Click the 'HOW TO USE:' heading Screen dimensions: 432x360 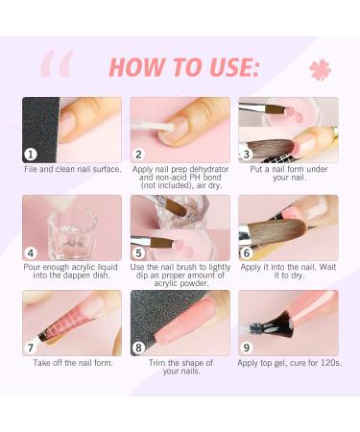click(184, 66)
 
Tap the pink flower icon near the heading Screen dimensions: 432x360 click(320, 70)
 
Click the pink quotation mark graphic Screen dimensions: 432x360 click(56, 64)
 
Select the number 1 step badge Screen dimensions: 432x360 click(31, 154)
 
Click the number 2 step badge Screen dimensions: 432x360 click(139, 154)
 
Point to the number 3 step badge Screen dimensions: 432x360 click(248, 154)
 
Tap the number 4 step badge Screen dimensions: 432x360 click(31, 252)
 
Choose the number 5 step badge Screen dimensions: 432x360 click(139, 252)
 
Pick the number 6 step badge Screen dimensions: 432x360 click(248, 252)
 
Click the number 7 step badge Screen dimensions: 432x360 click(31, 348)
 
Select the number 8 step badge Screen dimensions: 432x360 click(139, 348)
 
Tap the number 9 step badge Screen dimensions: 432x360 click(248, 348)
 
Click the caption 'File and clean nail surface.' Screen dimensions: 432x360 click(73, 170)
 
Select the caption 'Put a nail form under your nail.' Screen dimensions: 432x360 click(289, 175)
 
